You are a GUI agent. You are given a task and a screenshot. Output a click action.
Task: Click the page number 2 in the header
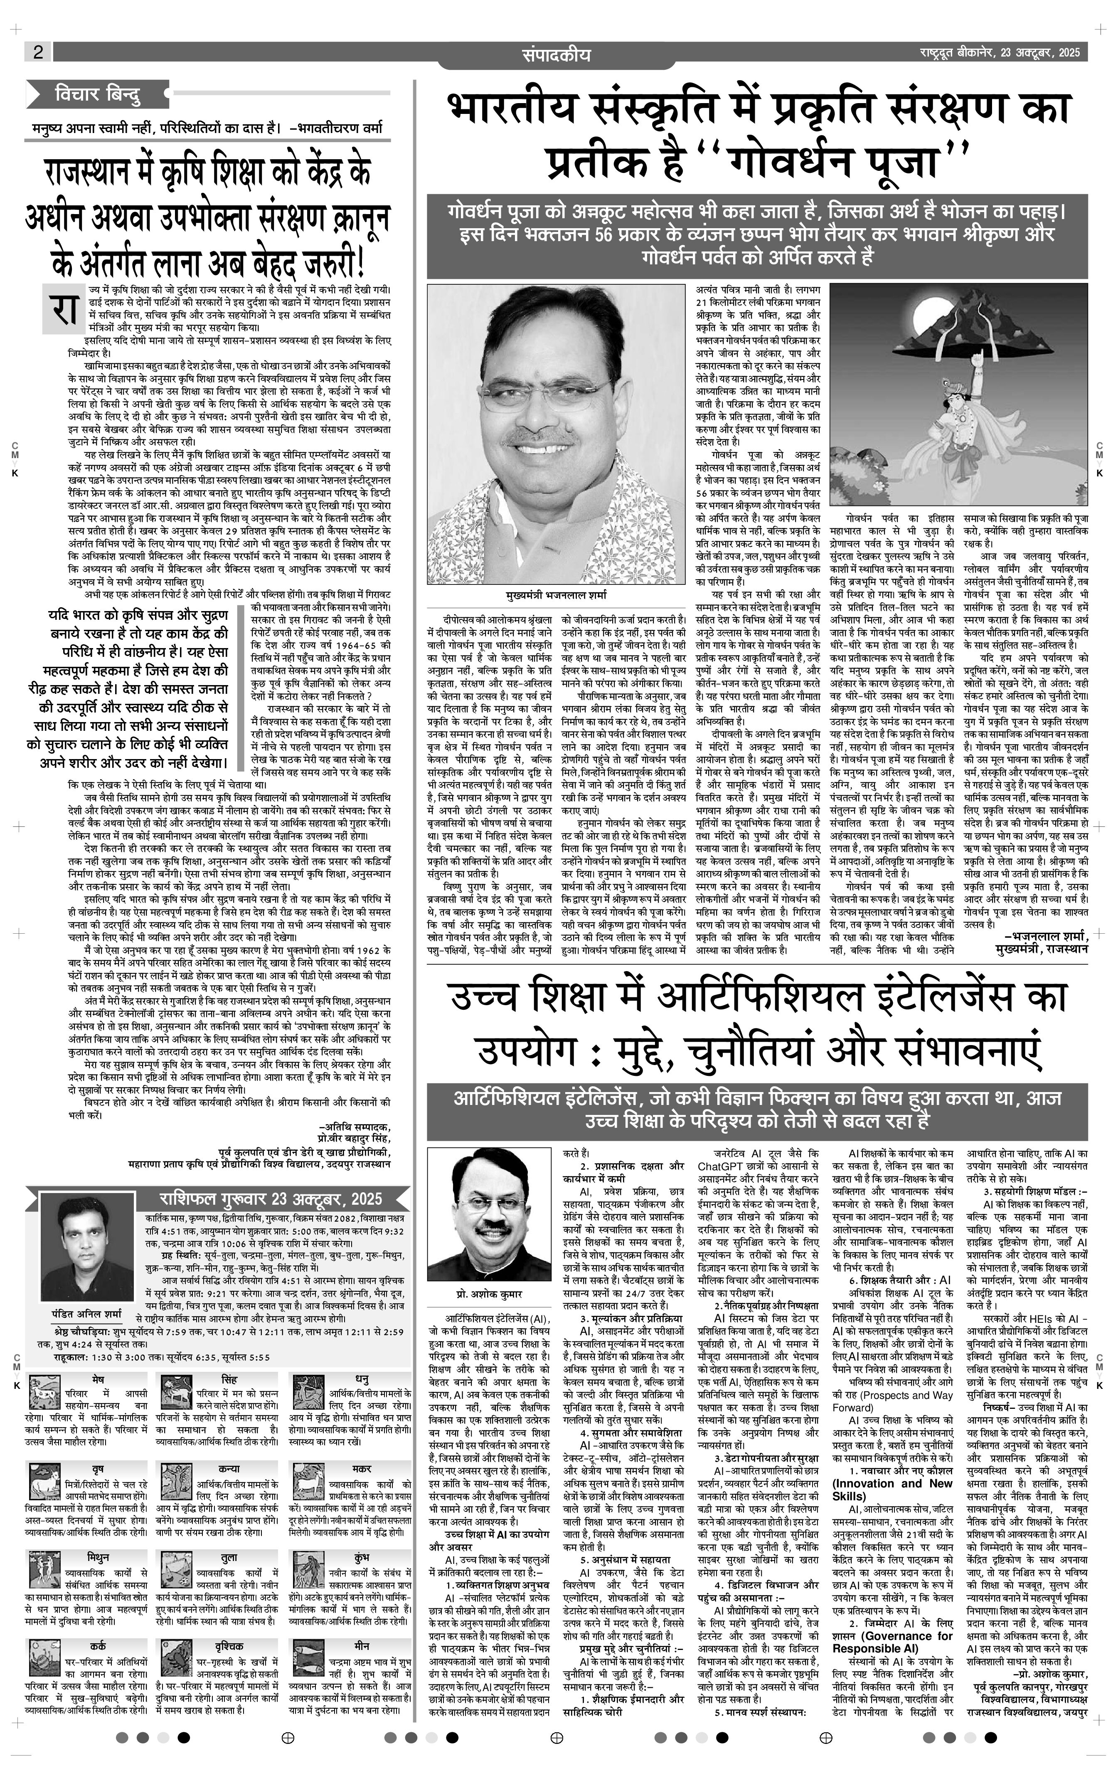point(37,52)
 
